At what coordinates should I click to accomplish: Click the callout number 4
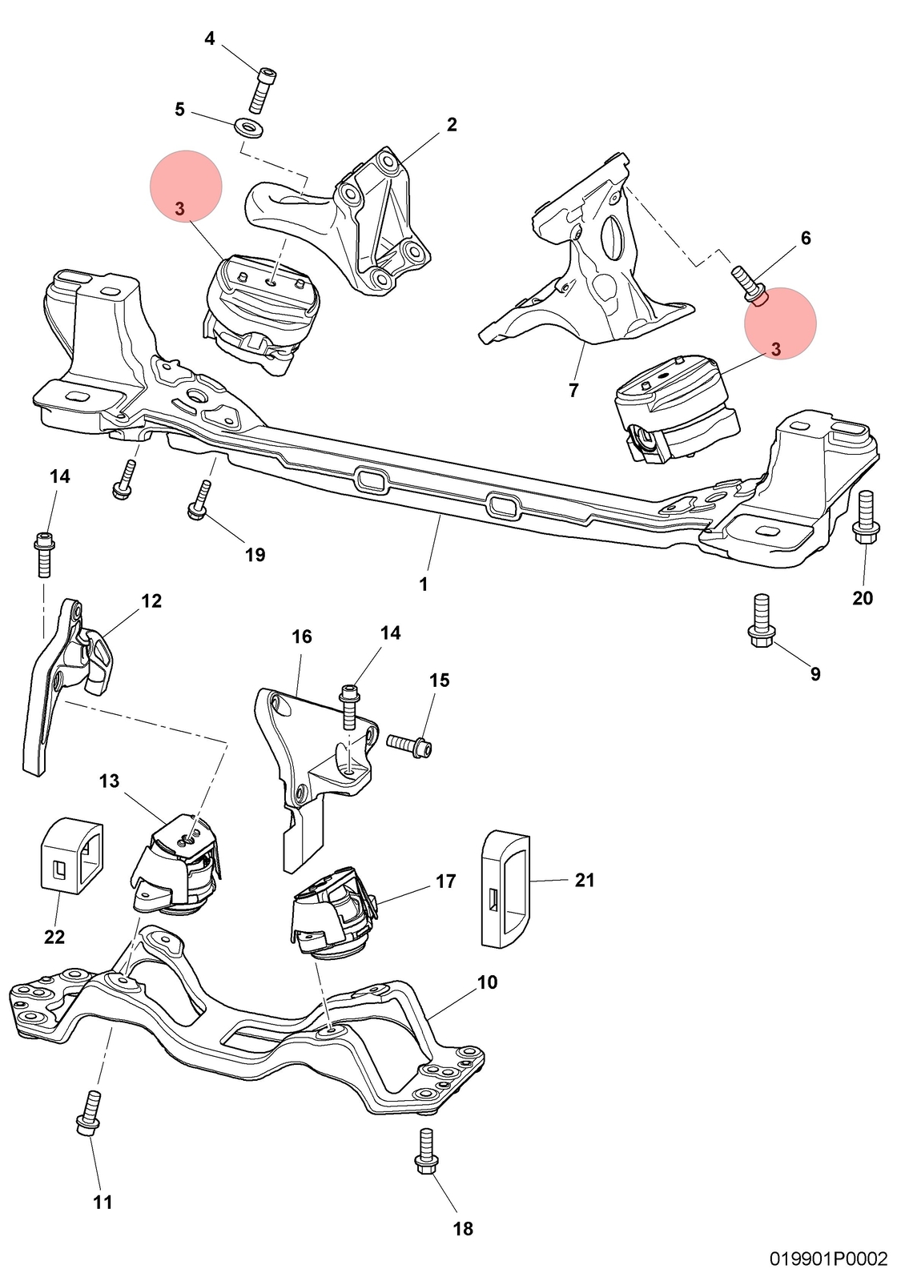pyautogui.click(x=210, y=39)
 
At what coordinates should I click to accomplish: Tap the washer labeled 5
pyautogui.click(x=247, y=126)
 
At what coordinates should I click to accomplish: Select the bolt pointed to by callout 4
pyautogui.click(x=263, y=90)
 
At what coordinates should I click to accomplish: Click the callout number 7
pyautogui.click(x=573, y=390)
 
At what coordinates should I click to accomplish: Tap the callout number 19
pyautogui.click(x=255, y=554)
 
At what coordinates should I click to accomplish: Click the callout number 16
pyautogui.click(x=301, y=636)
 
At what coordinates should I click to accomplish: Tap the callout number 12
pyautogui.click(x=151, y=600)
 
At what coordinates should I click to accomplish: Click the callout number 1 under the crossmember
pyautogui.click(x=423, y=584)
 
